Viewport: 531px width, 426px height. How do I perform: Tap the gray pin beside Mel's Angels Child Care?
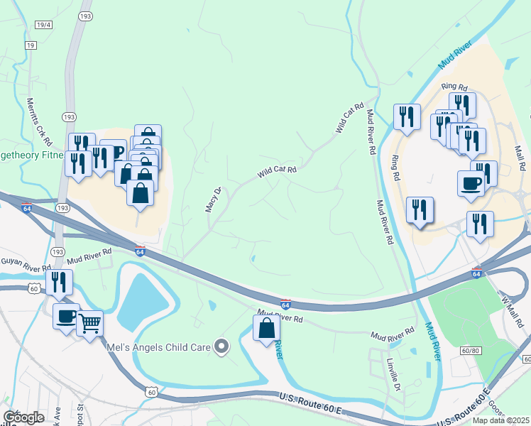(x=222, y=347)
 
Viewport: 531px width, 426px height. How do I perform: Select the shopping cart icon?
(x=89, y=324)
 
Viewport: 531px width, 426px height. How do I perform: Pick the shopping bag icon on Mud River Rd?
(x=267, y=328)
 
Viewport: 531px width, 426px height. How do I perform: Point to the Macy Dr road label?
(x=213, y=199)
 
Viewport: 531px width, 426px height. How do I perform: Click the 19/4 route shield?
(x=43, y=25)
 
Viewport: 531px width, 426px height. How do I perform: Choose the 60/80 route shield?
(x=470, y=351)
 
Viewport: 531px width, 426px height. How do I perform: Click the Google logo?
(x=23, y=417)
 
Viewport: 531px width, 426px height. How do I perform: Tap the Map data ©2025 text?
(x=500, y=420)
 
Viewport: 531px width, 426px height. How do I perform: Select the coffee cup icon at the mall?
(x=471, y=183)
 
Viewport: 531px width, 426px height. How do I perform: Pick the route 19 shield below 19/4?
(x=30, y=45)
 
